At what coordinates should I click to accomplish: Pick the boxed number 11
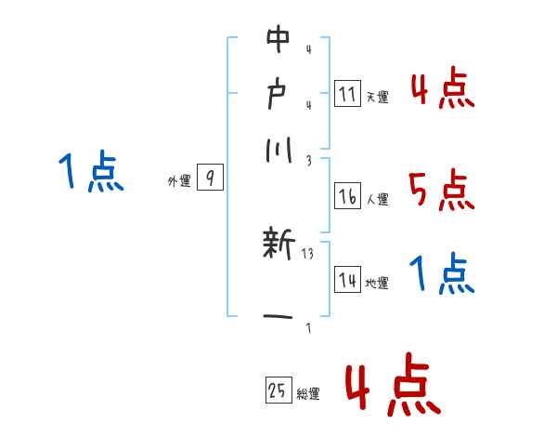pyautogui.click(x=347, y=93)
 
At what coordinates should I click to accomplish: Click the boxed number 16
pyautogui.click(x=347, y=196)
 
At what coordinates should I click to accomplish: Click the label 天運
pyautogui.click(x=377, y=97)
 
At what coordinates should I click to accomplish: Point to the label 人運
pyautogui.click(x=377, y=199)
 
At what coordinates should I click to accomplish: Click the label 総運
pyautogui.click(x=308, y=394)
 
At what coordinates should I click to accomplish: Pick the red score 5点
pyautogui.click(x=441, y=192)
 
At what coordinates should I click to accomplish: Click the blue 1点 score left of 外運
pyautogui.click(x=91, y=172)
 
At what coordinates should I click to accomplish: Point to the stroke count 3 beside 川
pyautogui.click(x=307, y=159)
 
